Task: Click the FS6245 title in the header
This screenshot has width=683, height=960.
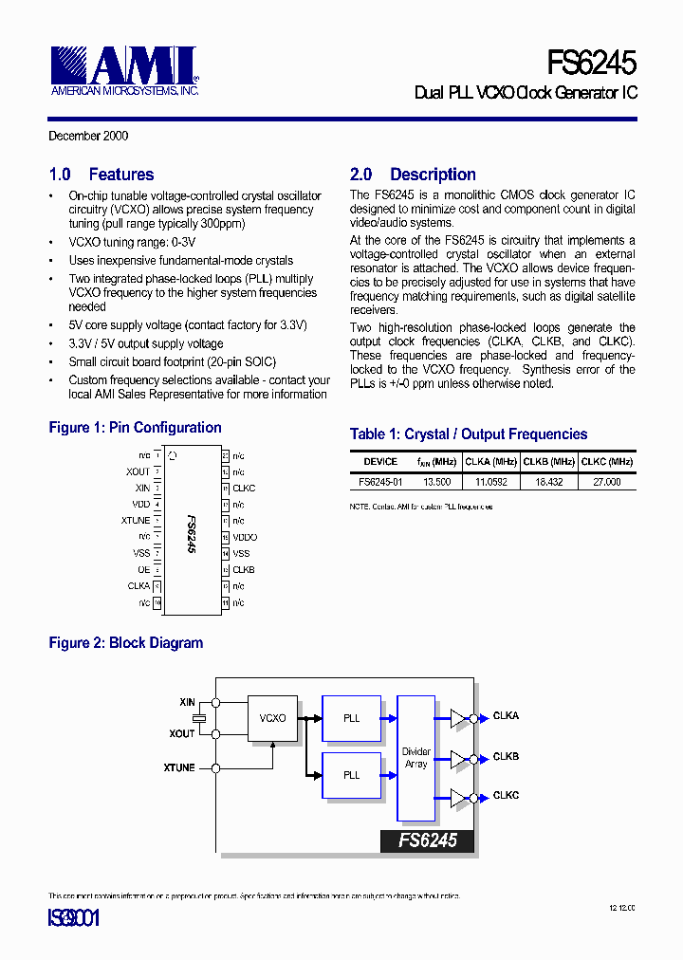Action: (591, 63)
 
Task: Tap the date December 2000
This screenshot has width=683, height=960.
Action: (88, 136)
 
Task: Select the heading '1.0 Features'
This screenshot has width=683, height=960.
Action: (102, 175)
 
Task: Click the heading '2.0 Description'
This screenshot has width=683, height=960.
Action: (413, 175)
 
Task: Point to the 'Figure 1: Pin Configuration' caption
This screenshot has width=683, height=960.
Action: (135, 428)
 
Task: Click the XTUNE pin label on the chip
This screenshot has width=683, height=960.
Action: (136, 521)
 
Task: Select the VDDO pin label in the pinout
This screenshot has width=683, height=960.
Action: (245, 537)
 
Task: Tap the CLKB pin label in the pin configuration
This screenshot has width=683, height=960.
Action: (244, 570)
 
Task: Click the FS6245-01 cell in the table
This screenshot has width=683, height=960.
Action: (380, 482)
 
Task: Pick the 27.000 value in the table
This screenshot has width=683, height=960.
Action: (607, 482)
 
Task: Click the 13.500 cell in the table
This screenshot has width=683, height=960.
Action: (436, 482)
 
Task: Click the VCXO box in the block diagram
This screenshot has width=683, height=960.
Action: (272, 718)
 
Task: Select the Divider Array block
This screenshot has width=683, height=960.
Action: (415, 758)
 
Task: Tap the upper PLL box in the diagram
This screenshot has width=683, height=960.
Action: (351, 718)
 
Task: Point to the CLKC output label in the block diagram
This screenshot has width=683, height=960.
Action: (506, 795)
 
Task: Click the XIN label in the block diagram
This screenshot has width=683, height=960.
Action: (187, 702)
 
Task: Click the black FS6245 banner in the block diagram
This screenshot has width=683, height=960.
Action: (427, 840)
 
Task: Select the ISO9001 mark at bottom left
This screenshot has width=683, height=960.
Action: (73, 918)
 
